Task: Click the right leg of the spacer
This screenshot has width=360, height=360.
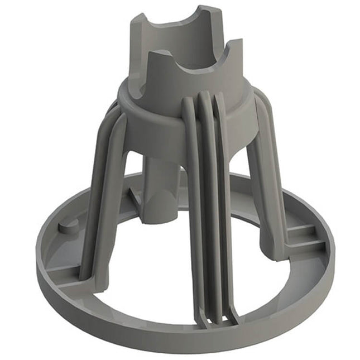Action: (x=262, y=179)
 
